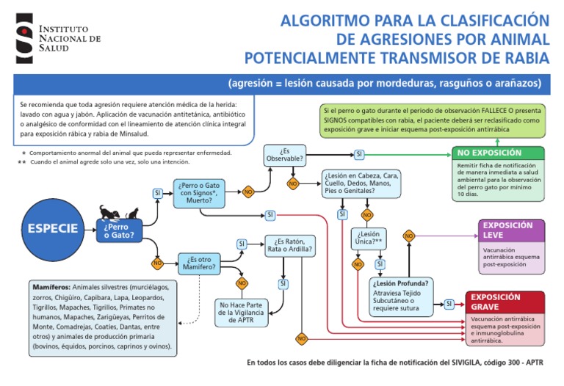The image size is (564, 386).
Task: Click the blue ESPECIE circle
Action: [53, 228]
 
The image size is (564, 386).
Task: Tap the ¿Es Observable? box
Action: [285, 154]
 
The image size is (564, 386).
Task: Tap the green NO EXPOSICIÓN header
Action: [499, 153]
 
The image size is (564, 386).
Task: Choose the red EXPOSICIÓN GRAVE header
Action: [505, 302]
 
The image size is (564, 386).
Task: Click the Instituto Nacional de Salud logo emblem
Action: [24, 37]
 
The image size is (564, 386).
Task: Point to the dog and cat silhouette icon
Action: [111, 211]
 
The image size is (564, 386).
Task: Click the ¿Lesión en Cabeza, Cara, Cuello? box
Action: [361, 184]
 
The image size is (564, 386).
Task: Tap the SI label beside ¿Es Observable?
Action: [358, 154]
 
